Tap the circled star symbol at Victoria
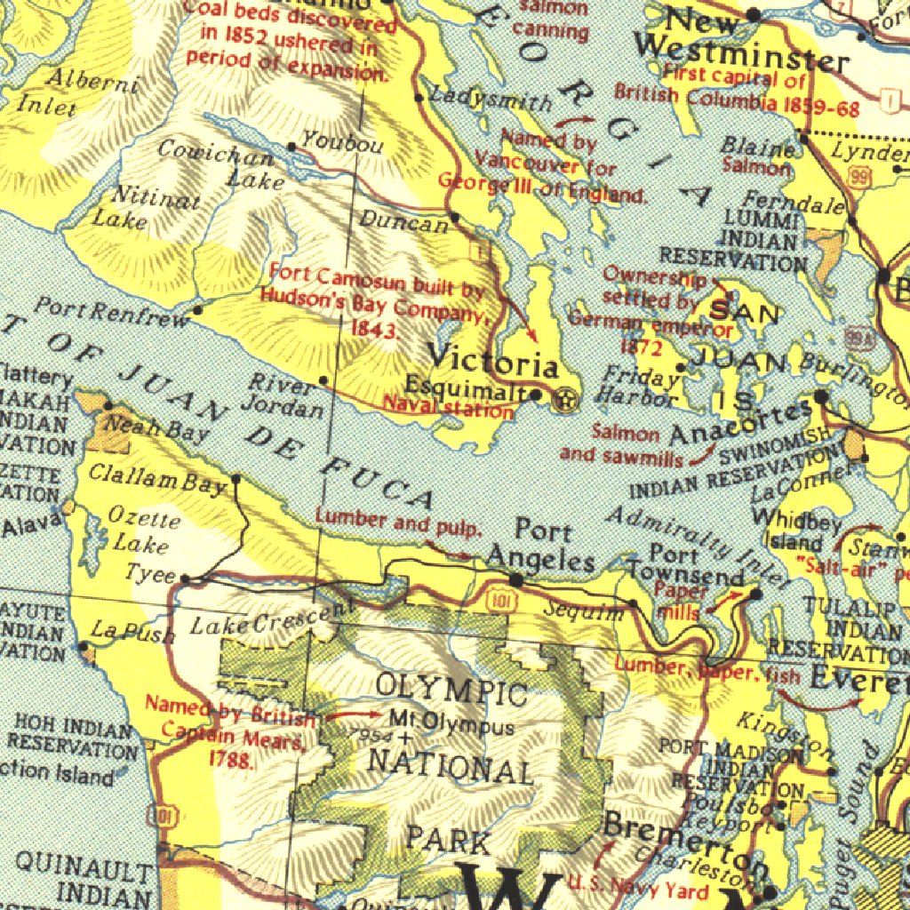[x=563, y=400]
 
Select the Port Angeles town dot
[x=515, y=580]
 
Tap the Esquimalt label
[x=467, y=388]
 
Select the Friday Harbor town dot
[x=681, y=367]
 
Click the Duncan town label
[x=403, y=221]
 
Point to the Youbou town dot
[x=291, y=147]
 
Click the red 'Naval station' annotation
[x=448, y=409]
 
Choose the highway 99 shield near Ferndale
[x=858, y=178]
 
